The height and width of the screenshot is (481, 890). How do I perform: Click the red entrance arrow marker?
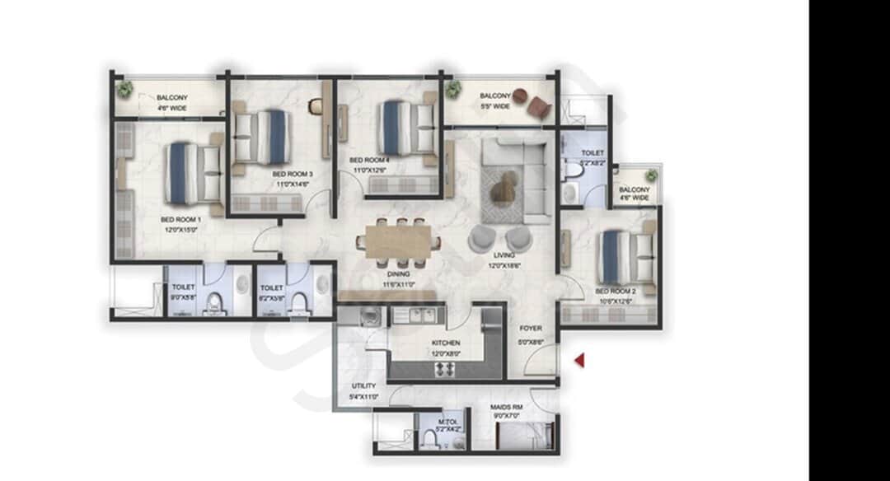[580, 360]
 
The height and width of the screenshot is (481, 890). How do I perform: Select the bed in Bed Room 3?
[263, 137]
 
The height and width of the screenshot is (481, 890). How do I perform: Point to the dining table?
[399, 241]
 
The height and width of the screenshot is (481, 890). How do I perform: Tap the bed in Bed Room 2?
[625, 257]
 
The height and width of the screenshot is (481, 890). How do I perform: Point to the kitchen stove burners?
[445, 369]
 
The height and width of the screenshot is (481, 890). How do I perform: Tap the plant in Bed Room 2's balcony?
[651, 175]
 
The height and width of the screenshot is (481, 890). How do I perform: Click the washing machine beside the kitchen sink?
[370, 315]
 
